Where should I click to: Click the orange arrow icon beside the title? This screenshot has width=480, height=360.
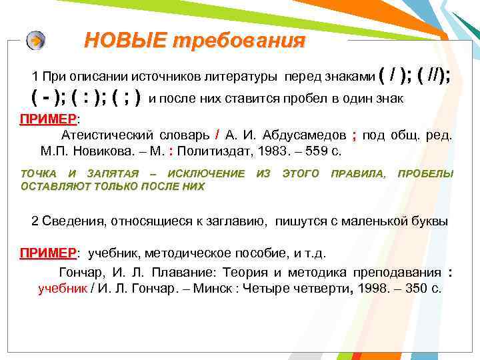36,41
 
